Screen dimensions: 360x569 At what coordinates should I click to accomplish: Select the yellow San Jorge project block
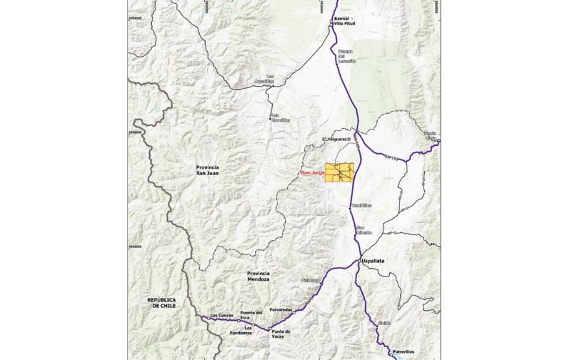click(339, 173)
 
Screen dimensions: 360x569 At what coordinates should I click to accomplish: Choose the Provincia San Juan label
click(208, 171)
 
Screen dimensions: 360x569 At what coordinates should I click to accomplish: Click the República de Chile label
click(162, 302)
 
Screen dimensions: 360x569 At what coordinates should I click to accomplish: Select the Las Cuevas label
click(222, 315)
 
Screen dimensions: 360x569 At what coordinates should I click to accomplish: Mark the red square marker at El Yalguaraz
click(349, 138)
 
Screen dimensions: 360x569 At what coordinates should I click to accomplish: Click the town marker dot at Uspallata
click(360, 260)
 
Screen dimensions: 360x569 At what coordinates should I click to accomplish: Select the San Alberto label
click(364, 231)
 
